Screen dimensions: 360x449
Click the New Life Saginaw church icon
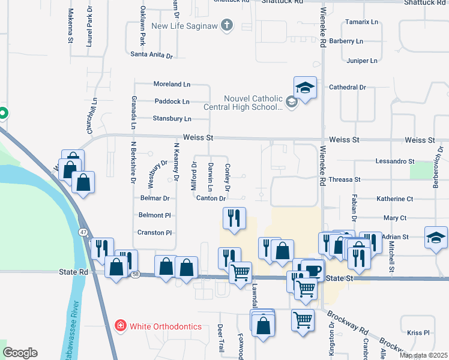pyautogui.click(x=226, y=25)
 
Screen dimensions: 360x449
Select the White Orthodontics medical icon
pyautogui.click(x=120, y=325)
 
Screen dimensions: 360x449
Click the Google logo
pyautogui.click(x=20, y=352)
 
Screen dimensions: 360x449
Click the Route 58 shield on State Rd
pyautogui.click(x=136, y=274)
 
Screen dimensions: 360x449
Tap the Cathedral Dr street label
pyautogui.click(x=348, y=87)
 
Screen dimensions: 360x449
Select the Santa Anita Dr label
pyautogui.click(x=151, y=55)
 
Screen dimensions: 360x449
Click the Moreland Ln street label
pyautogui.click(x=172, y=85)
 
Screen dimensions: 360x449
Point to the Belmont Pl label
pyautogui.click(x=155, y=215)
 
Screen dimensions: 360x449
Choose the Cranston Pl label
pyautogui.click(x=155, y=233)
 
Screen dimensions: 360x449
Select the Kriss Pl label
pyautogui.click(x=418, y=332)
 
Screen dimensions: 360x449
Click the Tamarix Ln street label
pyautogui.click(x=362, y=22)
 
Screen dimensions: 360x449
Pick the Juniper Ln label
pyautogui.click(x=362, y=61)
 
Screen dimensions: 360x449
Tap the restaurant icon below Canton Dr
pyautogui.click(x=234, y=218)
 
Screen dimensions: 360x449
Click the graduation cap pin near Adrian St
pyautogui.click(x=436, y=237)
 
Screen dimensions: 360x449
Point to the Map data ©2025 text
pyautogui.click(x=423, y=355)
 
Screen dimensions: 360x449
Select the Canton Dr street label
pyautogui.click(x=211, y=198)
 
